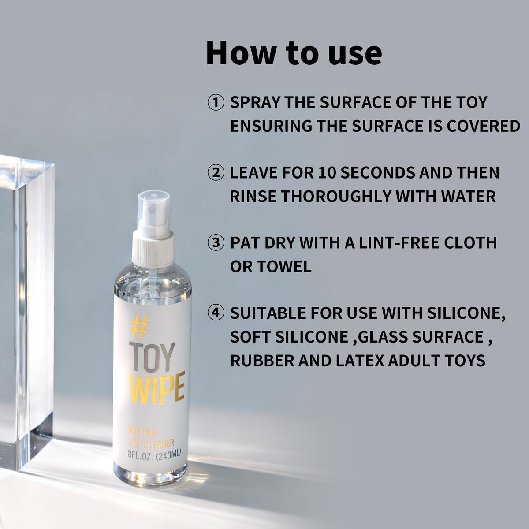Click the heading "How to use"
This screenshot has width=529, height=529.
[294, 53]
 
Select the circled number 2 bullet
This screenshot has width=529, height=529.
[216, 173]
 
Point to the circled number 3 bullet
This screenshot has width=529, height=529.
[216, 243]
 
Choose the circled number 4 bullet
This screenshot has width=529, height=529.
[216, 313]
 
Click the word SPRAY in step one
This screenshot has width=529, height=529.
[255, 102]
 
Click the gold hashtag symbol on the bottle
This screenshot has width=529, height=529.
[139, 327]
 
